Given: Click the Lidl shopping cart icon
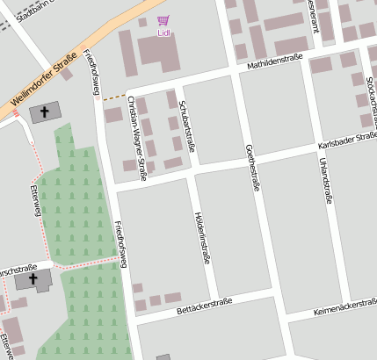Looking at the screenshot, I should tap(163, 20).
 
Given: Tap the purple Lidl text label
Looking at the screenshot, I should tap(163, 33).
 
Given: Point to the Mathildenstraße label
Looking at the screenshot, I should tap(274, 63).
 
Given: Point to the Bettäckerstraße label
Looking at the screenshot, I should tap(203, 303).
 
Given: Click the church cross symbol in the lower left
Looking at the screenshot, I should tap(33, 279).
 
